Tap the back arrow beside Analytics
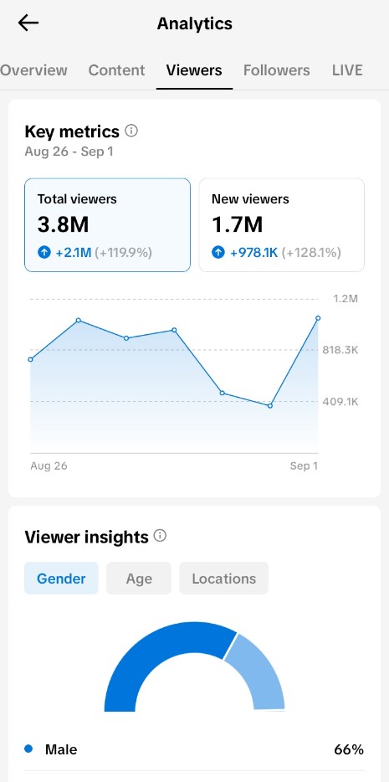click(x=28, y=23)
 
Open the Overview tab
click(x=33, y=70)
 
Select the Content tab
click(x=116, y=70)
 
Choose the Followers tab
click(x=276, y=70)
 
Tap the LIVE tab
click(x=347, y=70)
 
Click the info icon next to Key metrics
click(x=131, y=131)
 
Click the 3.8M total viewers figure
click(x=63, y=225)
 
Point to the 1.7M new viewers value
click(x=237, y=225)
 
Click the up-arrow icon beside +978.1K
click(x=218, y=252)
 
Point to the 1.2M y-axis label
click(x=345, y=299)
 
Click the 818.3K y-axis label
click(x=340, y=350)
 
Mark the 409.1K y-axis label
click(x=340, y=402)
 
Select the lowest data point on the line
click(x=270, y=406)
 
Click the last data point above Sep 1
click(x=318, y=317)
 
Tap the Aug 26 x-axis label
click(x=49, y=466)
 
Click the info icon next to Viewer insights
click(x=160, y=536)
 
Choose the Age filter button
click(x=139, y=579)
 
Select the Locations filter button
click(x=224, y=579)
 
